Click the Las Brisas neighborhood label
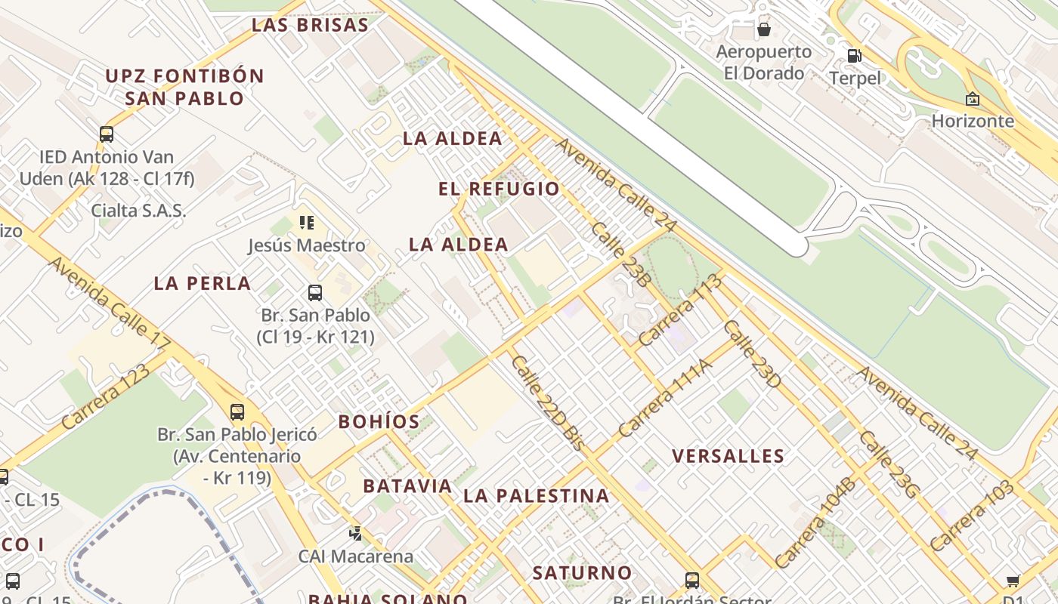pos(310,25)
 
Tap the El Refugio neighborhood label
pos(500,189)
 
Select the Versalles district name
pos(728,456)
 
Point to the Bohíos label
pos(379,421)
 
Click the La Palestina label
pos(536,496)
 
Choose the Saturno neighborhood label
pos(582,573)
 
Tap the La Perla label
pos(202,284)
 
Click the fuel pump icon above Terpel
pos(855,55)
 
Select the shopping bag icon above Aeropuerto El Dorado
pos(764,29)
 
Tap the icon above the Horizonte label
pos(973,99)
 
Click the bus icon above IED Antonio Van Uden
pos(107,134)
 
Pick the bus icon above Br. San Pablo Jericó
pos(237,411)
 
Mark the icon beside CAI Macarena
pos(355,534)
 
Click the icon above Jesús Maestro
pos(306,222)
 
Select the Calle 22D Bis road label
pos(547,403)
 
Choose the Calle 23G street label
pos(889,464)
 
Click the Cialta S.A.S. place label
pos(138,211)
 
